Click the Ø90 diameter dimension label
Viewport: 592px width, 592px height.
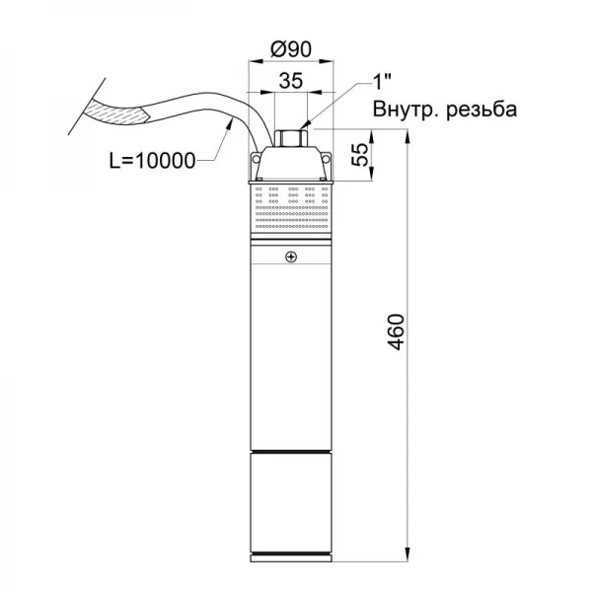click(x=293, y=46)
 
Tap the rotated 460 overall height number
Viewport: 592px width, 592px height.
click(x=394, y=340)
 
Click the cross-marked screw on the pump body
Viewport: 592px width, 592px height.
click(x=290, y=258)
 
